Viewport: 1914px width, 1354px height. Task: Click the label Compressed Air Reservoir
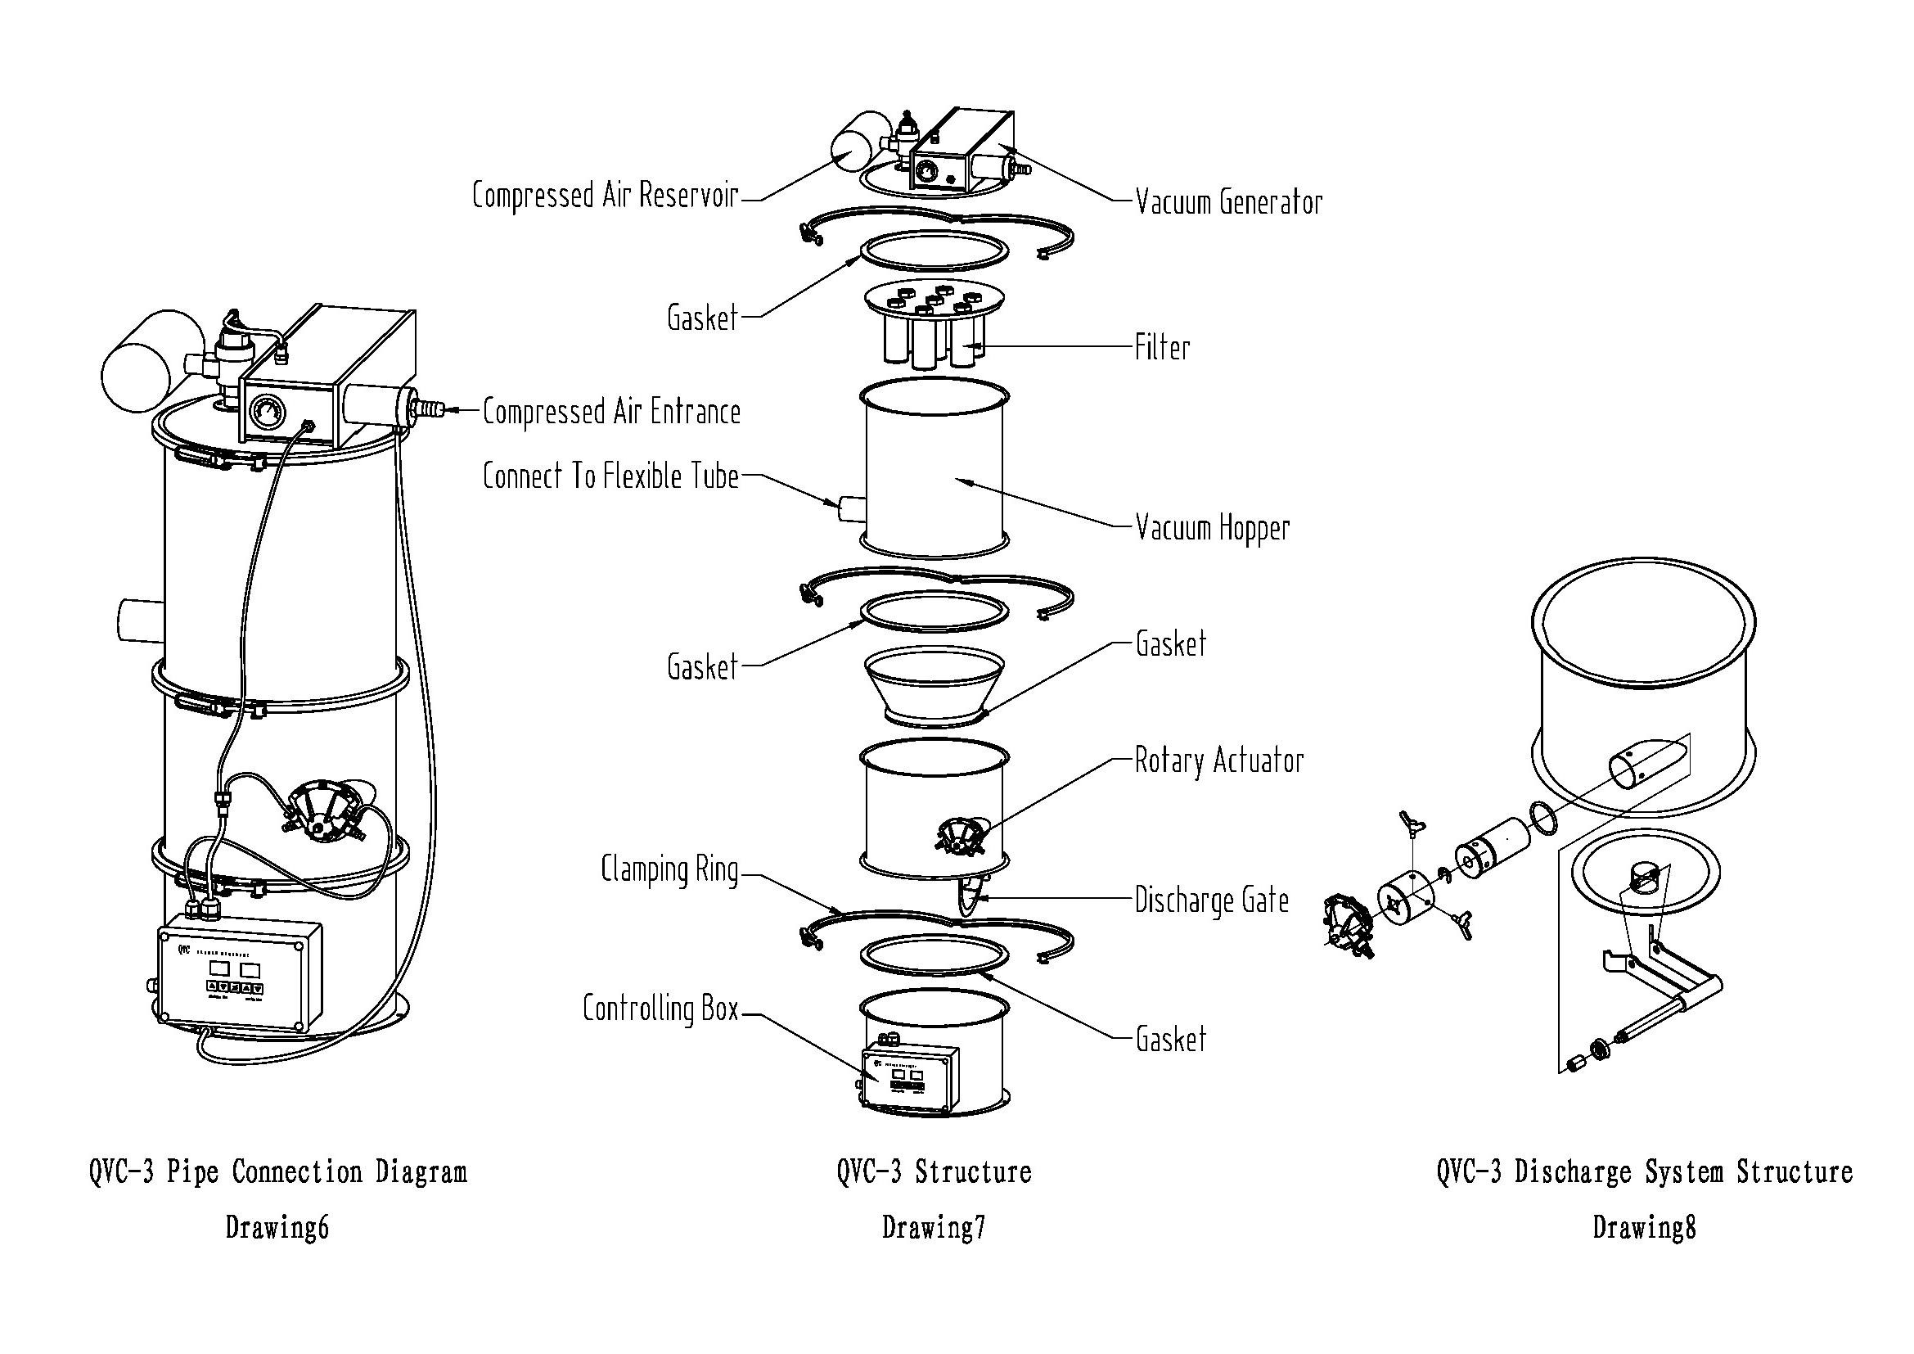pos(606,196)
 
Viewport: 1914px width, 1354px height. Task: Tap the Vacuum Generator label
pos(1229,202)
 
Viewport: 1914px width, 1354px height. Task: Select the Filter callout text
pos(1162,348)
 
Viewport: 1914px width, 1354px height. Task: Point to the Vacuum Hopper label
pos(1212,529)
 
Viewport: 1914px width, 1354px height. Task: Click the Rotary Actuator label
pos(1218,761)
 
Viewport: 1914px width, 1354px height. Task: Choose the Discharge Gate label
pos(1211,901)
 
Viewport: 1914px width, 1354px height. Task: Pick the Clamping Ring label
pos(669,870)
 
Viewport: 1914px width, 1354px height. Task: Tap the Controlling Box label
pos(660,1009)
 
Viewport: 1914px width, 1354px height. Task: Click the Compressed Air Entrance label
pos(611,413)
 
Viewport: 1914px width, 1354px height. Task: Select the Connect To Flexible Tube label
pos(610,477)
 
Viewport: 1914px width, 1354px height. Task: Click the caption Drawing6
pos(277,1227)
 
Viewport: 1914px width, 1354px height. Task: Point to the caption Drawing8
pos(1644,1227)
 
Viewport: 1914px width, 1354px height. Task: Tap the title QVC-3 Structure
pos(934,1171)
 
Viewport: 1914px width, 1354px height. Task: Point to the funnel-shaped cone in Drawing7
pos(933,685)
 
